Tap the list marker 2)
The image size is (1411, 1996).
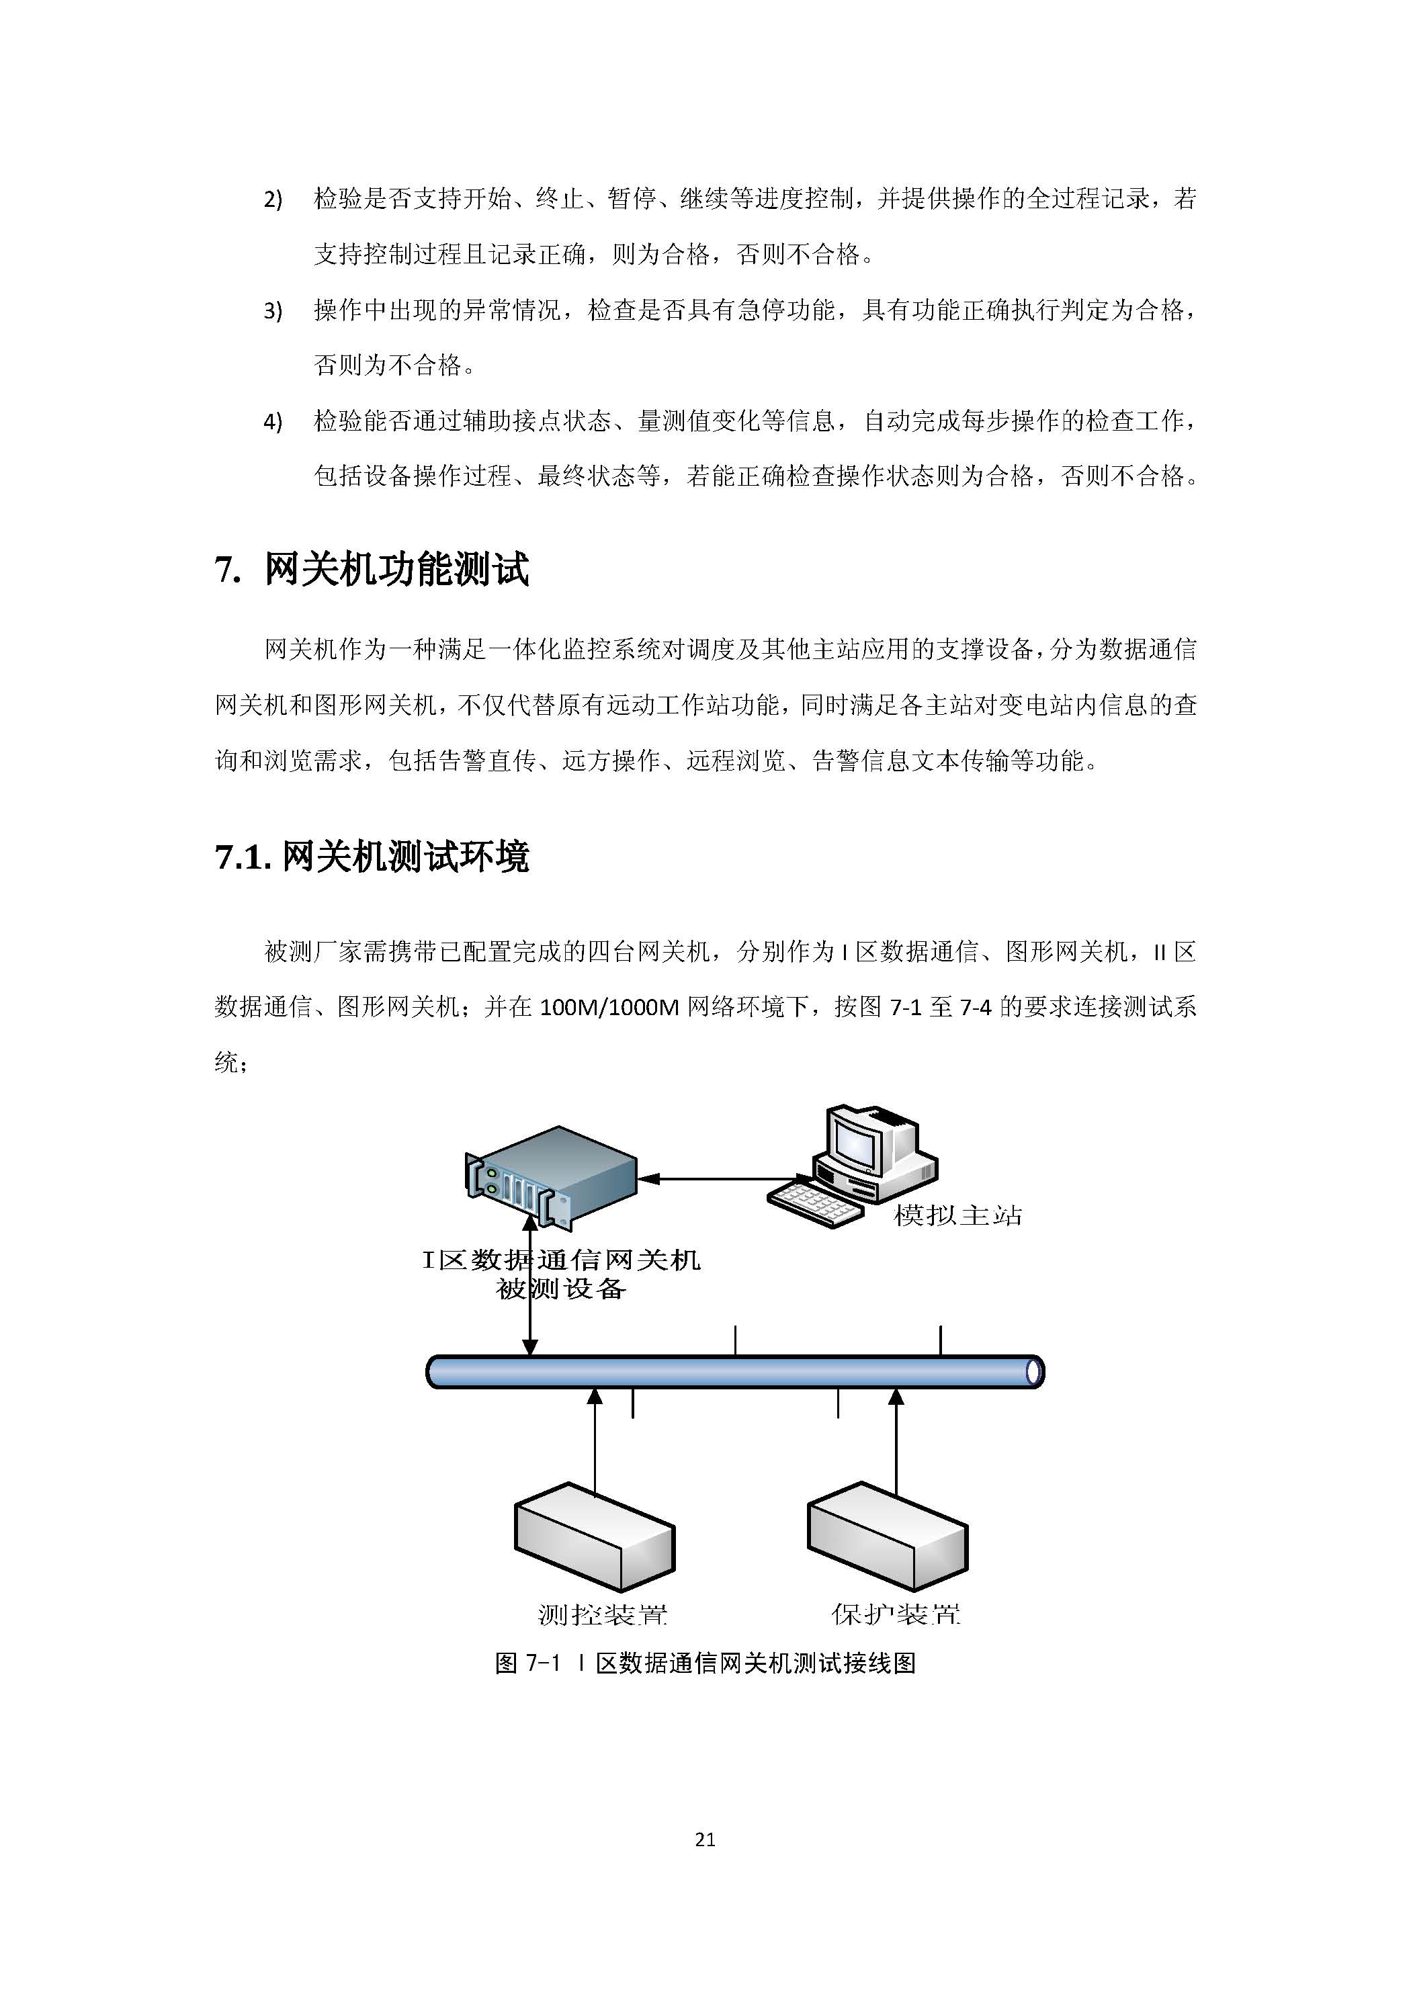tap(273, 200)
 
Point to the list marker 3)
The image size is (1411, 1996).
tap(273, 311)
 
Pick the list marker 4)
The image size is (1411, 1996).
tap(273, 423)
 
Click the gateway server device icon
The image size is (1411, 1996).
tap(551, 1177)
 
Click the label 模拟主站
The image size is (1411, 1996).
tap(957, 1215)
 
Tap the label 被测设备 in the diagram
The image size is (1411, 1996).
tap(562, 1289)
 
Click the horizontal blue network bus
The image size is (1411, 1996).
tap(734, 1372)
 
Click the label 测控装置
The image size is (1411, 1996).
tap(603, 1615)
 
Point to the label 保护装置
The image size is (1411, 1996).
tap(896, 1615)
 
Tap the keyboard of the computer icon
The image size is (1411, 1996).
tap(816, 1203)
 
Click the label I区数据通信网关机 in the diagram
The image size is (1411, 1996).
tap(562, 1260)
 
